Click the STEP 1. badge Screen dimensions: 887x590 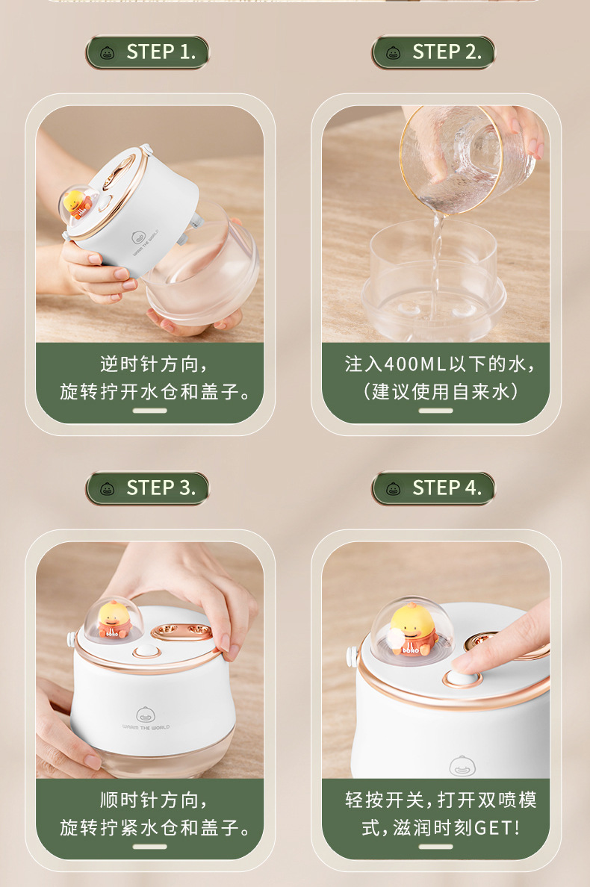point(147,52)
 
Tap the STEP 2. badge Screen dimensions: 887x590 point(433,52)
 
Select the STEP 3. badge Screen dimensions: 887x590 point(147,488)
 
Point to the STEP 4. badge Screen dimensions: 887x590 point(433,488)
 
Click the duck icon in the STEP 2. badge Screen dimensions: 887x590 point(393,53)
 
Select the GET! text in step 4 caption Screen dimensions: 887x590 point(497,827)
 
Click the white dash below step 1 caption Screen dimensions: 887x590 point(149,411)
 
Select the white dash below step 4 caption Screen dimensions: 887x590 point(436,847)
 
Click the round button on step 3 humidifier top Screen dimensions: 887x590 point(146,652)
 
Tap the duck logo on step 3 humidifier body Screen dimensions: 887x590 point(146,715)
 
